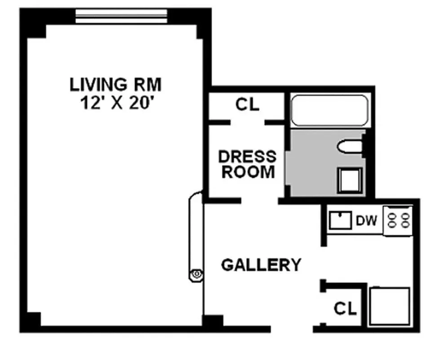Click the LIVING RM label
tap(115, 84)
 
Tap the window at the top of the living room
tap(121, 16)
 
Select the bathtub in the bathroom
tap(329, 110)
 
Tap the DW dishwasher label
tap(366, 220)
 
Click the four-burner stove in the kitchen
tap(398, 220)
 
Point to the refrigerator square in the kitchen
tap(389, 306)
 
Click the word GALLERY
tap(261, 265)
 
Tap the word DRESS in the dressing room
tap(247, 157)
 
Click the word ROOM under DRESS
tap(248, 172)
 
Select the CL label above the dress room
tap(247, 105)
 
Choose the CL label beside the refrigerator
tap(345, 309)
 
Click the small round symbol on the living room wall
tap(196, 273)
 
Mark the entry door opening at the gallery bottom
tap(292, 329)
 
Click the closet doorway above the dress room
tap(247, 122)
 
